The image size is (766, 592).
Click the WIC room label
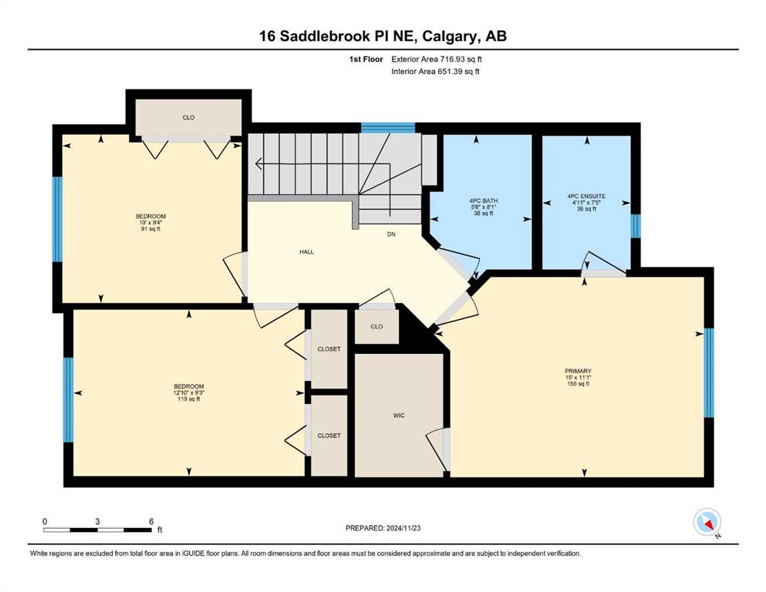(x=399, y=415)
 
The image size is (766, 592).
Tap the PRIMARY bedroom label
(x=578, y=371)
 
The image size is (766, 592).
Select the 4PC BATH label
(x=483, y=200)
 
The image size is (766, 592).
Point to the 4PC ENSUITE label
(x=586, y=197)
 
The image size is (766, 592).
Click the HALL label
(x=307, y=252)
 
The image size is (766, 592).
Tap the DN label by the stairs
(x=391, y=234)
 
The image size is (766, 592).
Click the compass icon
(x=707, y=522)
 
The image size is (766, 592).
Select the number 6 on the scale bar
(x=151, y=521)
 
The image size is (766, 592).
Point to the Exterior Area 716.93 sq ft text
(x=437, y=59)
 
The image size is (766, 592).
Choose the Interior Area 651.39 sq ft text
(x=435, y=71)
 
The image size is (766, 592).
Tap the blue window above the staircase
(x=388, y=129)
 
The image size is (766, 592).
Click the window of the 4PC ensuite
(x=635, y=227)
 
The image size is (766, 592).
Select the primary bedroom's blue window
(x=709, y=373)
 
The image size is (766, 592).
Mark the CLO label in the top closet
(x=188, y=118)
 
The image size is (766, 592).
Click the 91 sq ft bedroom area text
(x=150, y=229)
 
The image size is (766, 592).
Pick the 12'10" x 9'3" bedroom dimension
(x=188, y=392)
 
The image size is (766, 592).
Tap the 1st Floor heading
(x=366, y=59)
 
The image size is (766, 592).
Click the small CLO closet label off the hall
(x=376, y=327)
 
